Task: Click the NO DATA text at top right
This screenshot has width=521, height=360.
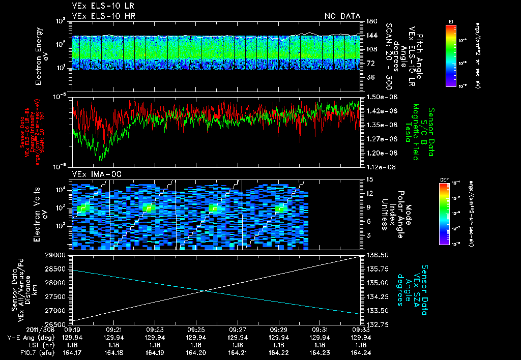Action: (342, 16)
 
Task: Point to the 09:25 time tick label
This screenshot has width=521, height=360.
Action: (196, 329)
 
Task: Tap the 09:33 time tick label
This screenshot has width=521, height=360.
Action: (361, 329)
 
